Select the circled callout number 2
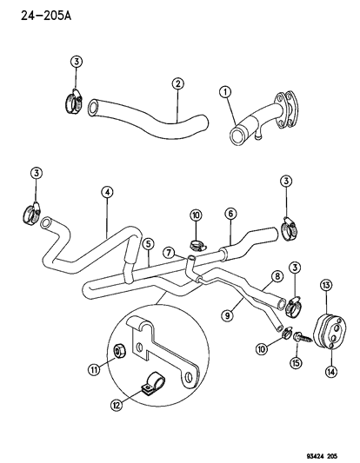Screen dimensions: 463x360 [177, 83]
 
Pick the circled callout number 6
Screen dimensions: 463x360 [230, 213]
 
